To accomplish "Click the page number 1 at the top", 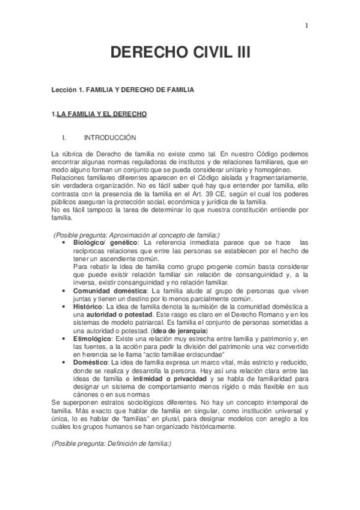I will (x=307, y=25).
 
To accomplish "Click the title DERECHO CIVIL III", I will (x=180, y=54).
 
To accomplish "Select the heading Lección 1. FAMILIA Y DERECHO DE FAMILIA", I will (x=123, y=89).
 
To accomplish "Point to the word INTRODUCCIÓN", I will (x=109, y=138).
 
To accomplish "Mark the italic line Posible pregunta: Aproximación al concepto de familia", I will (x=137, y=234).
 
